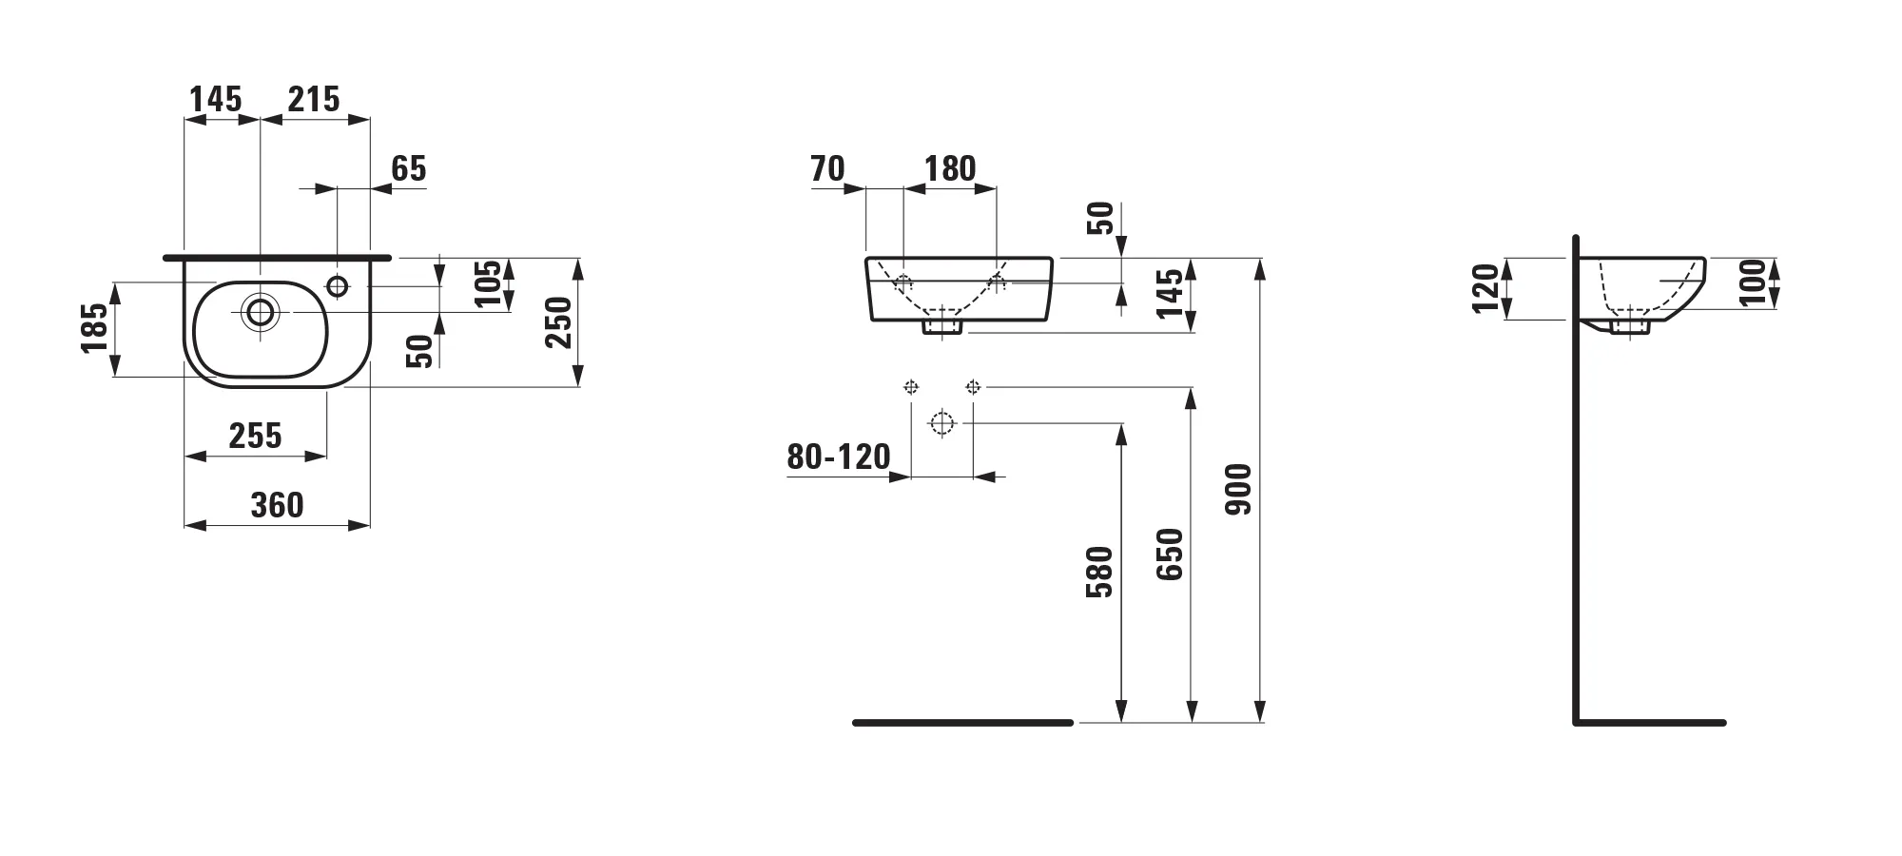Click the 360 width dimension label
pyautogui.click(x=277, y=505)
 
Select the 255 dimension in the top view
pyautogui.click(x=255, y=436)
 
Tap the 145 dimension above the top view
pyautogui.click(x=216, y=99)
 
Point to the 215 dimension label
pyautogui.click(x=314, y=99)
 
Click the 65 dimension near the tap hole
pyautogui.click(x=409, y=168)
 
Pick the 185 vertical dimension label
pyautogui.click(x=95, y=328)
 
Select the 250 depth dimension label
pyautogui.click(x=559, y=322)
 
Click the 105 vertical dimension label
pyautogui.click(x=488, y=283)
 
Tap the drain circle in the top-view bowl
pyautogui.click(x=260, y=311)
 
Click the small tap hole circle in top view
pyautogui.click(x=338, y=284)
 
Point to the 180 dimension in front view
pyautogui.click(x=950, y=168)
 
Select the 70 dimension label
pyautogui.click(x=827, y=168)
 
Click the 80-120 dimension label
pyautogui.click(x=838, y=457)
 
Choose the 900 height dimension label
pyautogui.click(x=1238, y=489)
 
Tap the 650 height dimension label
pyautogui.click(x=1170, y=554)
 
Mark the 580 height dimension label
pyautogui.click(x=1099, y=572)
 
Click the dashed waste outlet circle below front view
pyautogui.click(x=941, y=423)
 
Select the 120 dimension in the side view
pyautogui.click(x=1485, y=288)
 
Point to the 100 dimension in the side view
pyautogui.click(x=1753, y=282)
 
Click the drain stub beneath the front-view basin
pyautogui.click(x=942, y=326)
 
